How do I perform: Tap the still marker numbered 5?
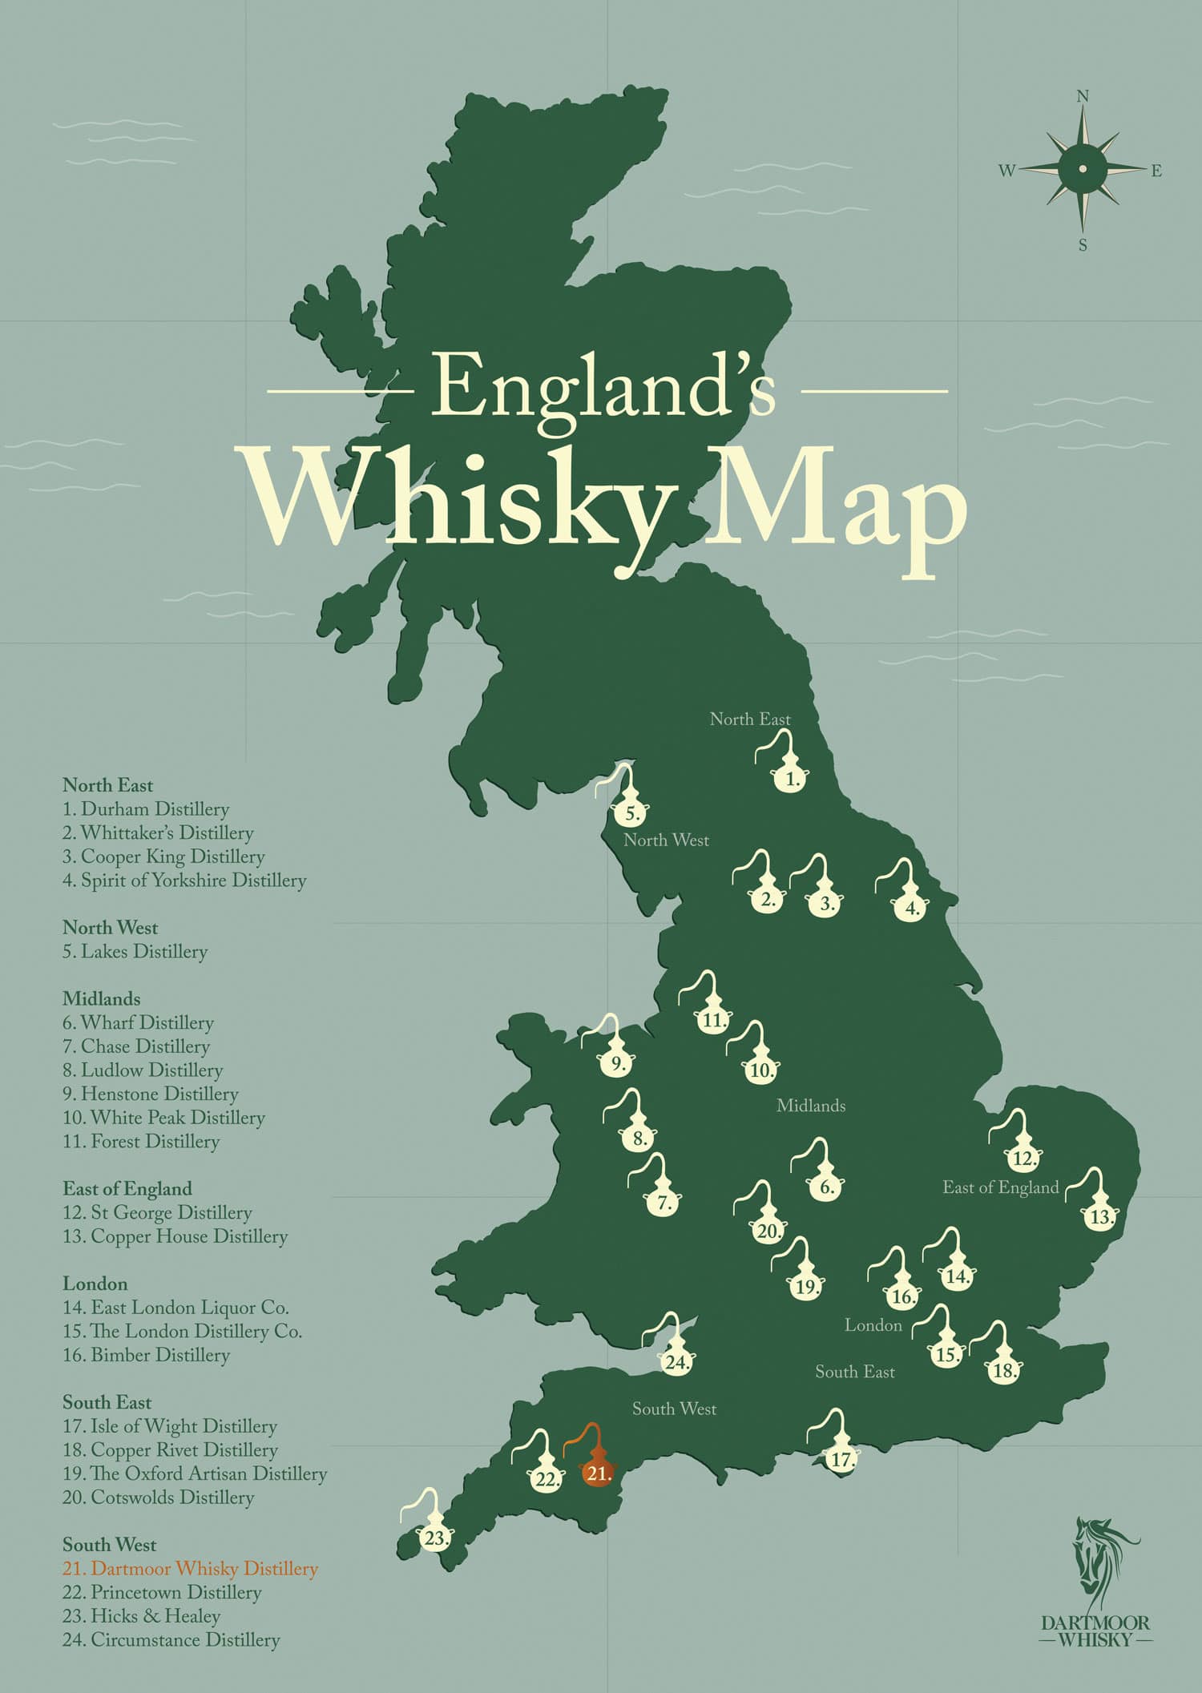pyautogui.click(x=631, y=812)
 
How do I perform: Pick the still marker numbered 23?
pyautogui.click(x=435, y=1538)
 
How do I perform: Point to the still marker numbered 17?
pyautogui.click(x=840, y=1459)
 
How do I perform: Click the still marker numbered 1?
pyautogui.click(x=791, y=777)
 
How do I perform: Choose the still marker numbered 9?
pyautogui.click(x=617, y=1063)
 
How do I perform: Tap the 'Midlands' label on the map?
pyautogui.click(x=810, y=1106)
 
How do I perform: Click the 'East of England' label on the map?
pyautogui.click(x=1000, y=1187)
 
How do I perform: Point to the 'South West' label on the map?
pyautogui.click(x=674, y=1409)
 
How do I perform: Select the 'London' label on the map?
pyautogui.click(x=873, y=1325)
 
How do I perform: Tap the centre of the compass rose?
pyautogui.click(x=1083, y=168)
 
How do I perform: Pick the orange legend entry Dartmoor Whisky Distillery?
pyautogui.click(x=190, y=1569)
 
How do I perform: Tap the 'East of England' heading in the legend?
pyautogui.click(x=127, y=1189)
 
